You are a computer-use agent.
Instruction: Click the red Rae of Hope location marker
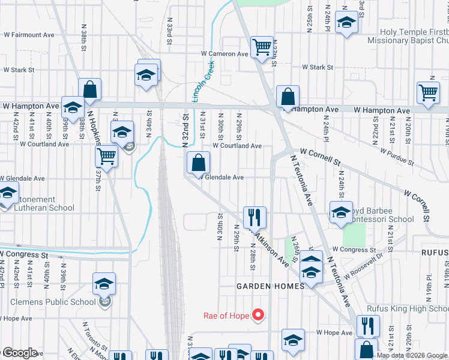coord(258,314)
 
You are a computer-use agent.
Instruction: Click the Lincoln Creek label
coord(203,82)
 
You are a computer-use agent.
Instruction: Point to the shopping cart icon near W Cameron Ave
coord(261,47)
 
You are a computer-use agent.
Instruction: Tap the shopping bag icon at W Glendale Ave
coord(198,163)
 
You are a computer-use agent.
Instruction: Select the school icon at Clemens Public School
coord(104,284)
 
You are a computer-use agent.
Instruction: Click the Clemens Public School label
coord(48,302)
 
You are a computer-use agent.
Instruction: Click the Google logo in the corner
coord(19,353)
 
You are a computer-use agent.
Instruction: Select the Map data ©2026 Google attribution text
coord(412,355)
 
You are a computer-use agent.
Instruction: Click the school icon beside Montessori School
coord(341,213)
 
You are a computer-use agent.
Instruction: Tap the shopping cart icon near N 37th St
coord(106,156)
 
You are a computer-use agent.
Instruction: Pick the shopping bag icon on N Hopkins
coord(89,89)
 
